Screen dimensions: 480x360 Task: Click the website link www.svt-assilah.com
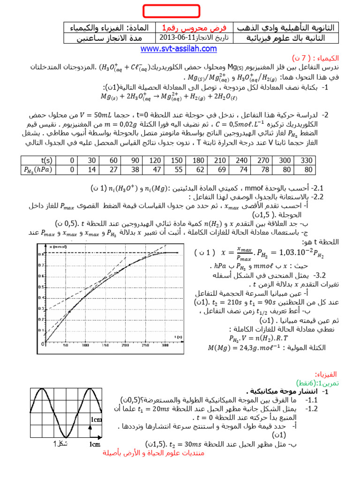(x=179, y=49)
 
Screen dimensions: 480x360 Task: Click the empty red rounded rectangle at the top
(x=171, y=11)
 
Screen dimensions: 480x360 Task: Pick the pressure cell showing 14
(x=91, y=169)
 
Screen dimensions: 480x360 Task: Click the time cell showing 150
(x=177, y=160)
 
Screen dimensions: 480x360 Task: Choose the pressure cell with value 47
(x=156, y=169)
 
